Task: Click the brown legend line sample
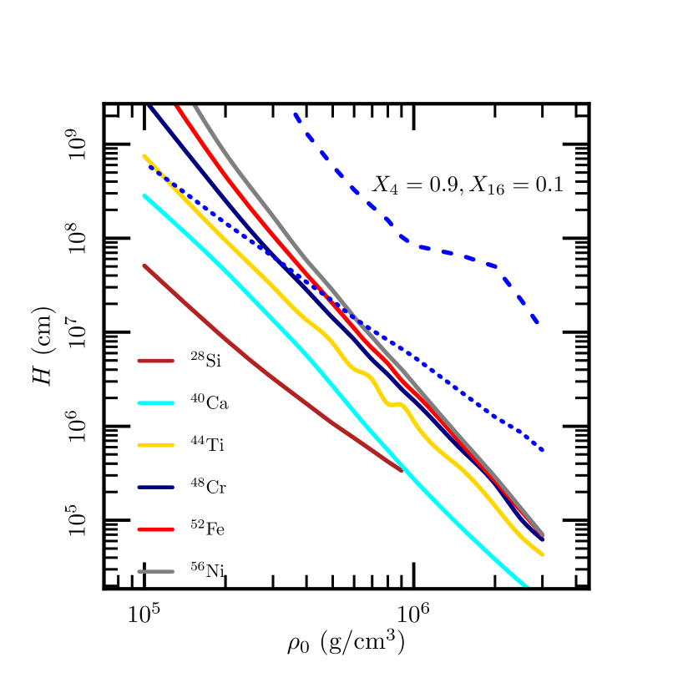(155, 361)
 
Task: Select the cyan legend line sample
(155, 403)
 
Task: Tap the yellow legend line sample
(155, 445)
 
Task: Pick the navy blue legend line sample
(155, 487)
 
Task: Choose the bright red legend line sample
(155, 529)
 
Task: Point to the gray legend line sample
(155, 572)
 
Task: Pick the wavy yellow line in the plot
(367, 374)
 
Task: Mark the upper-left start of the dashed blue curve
(295, 114)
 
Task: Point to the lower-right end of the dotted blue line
(543, 450)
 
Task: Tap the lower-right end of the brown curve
(402, 471)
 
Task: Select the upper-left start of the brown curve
(144, 266)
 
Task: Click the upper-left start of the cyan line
(144, 196)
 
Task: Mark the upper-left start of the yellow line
(144, 155)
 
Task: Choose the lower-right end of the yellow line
(543, 554)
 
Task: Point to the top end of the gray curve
(195, 107)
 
